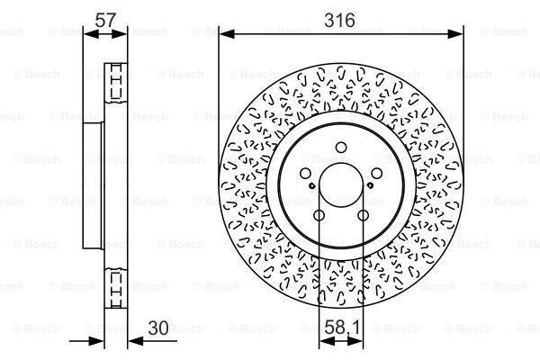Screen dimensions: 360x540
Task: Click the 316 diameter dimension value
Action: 341,19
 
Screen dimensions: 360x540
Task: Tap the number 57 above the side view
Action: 106,19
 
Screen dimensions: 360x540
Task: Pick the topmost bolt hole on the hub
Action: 340,148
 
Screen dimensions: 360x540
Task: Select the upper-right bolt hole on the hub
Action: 374,174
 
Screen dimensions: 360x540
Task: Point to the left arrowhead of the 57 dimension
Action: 87,34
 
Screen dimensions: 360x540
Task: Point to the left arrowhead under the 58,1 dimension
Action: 323,340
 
